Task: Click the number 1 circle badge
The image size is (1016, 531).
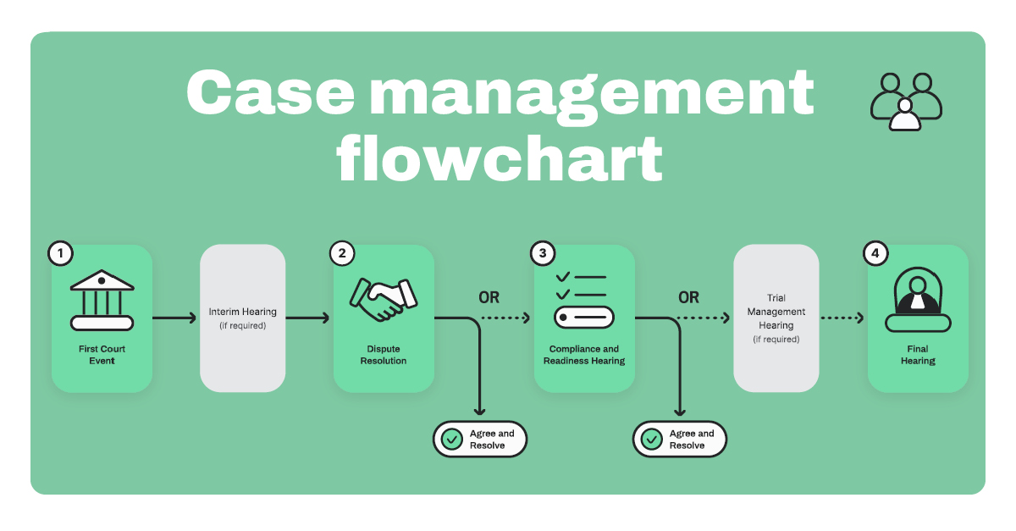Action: [60, 252]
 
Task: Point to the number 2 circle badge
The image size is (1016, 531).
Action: [342, 252]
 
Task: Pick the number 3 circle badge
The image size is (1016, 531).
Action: [543, 252]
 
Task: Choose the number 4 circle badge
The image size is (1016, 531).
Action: [875, 252]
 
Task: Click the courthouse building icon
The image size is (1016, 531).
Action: [102, 300]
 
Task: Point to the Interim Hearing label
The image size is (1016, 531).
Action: [242, 313]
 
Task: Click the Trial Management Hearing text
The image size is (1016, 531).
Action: [776, 318]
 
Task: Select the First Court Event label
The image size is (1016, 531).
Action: [102, 354]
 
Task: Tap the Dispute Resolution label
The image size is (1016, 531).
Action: [384, 354]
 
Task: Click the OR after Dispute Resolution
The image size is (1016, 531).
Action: [489, 297]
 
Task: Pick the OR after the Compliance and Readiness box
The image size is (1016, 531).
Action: [689, 297]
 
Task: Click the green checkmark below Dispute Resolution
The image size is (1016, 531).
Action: [451, 440]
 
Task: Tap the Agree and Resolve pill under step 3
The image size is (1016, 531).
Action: [680, 440]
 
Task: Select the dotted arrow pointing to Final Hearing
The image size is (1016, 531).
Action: [842, 318]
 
